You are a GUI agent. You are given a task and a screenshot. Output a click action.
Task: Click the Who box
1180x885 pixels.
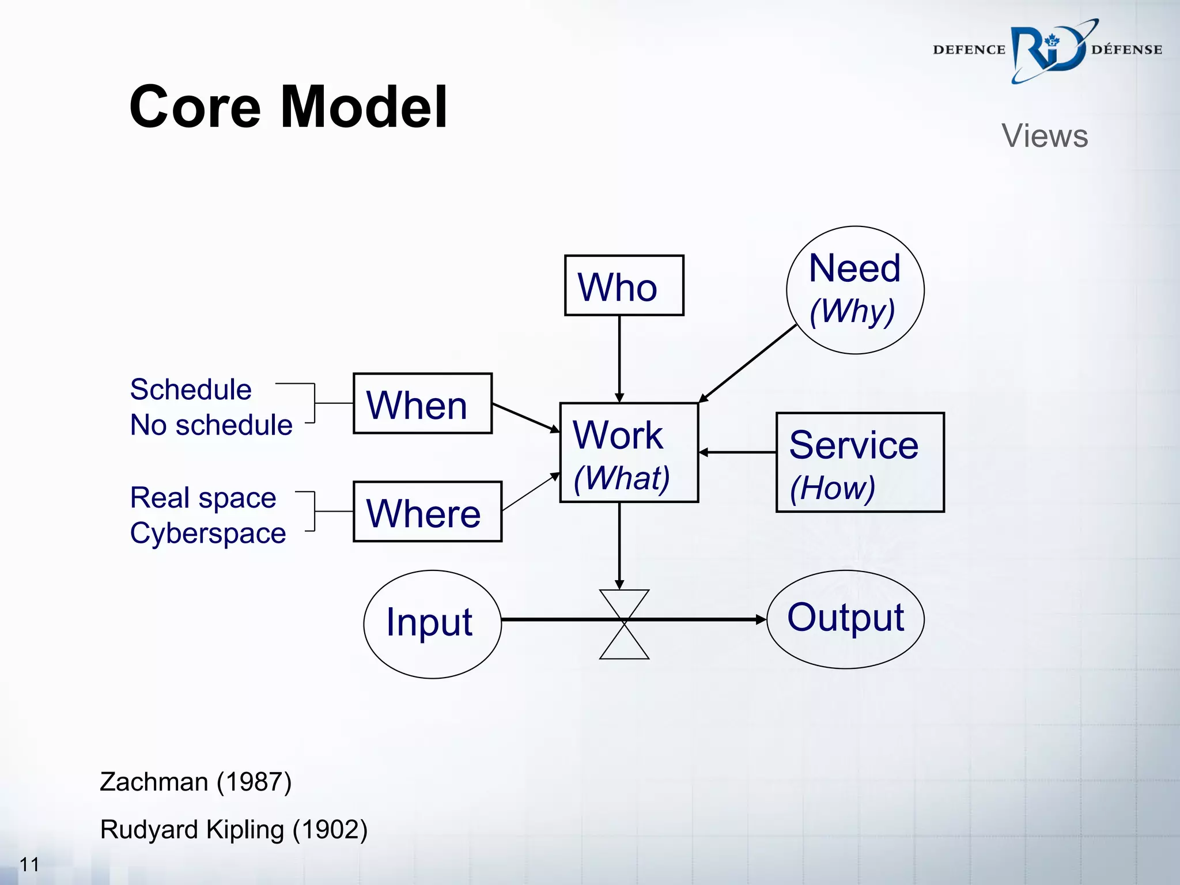pyautogui.click(x=624, y=286)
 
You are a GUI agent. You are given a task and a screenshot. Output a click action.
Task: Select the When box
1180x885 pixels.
pyautogui.click(x=422, y=403)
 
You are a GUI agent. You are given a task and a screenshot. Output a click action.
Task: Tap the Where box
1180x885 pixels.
pyautogui.click(x=427, y=512)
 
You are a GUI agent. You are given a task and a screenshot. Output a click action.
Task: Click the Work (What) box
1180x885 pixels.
pyautogui.click(x=629, y=453)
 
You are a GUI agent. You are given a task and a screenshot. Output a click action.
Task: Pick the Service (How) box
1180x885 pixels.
pyautogui.click(x=860, y=462)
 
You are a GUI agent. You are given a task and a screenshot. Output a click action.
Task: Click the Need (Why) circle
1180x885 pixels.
pyautogui.click(x=855, y=290)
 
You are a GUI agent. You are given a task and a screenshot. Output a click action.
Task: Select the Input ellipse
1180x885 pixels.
pyautogui.click(x=432, y=624)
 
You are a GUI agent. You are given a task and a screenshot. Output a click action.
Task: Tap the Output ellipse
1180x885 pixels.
pyautogui.click(x=845, y=619)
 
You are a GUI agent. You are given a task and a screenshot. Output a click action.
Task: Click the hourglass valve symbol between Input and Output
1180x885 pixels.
pyautogui.click(x=624, y=624)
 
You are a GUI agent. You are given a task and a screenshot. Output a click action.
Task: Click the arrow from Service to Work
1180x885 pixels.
pyautogui.click(x=737, y=453)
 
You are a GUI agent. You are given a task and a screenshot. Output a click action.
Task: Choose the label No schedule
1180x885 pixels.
pyautogui.click(x=211, y=425)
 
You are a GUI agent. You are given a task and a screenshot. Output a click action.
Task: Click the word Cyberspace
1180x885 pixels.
pyautogui.click(x=208, y=533)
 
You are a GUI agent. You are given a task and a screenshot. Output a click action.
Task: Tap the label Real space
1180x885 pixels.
pyautogui.click(x=203, y=497)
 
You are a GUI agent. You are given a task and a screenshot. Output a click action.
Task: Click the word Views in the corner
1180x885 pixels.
pyautogui.click(x=1044, y=136)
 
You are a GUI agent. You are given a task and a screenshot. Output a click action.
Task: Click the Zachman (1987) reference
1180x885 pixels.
pyautogui.click(x=196, y=782)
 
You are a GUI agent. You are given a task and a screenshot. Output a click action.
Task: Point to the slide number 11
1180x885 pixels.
pyautogui.click(x=29, y=864)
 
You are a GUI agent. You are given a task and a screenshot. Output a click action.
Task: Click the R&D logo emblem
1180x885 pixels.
pyautogui.click(x=1049, y=50)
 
